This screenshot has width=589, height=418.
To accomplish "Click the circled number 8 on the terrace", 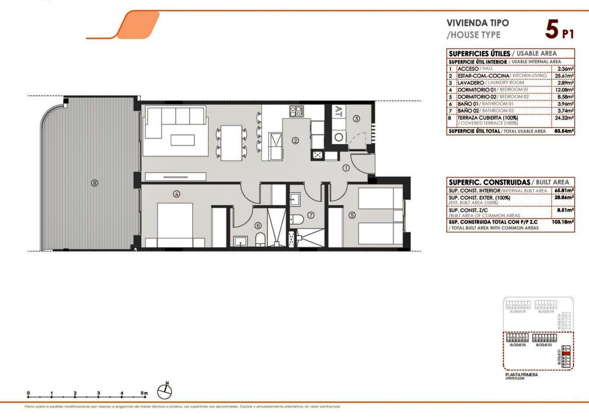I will click(94, 183).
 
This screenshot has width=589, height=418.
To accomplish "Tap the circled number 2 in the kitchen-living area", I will click(295, 140).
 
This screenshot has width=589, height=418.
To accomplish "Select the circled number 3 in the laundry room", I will click(356, 119).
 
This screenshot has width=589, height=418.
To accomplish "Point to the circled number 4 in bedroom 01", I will click(176, 194).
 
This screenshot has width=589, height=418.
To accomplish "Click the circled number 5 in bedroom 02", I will click(351, 216).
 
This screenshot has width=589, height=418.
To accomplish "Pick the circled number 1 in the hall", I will click(346, 168).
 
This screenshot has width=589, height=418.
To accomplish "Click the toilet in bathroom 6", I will click(261, 239).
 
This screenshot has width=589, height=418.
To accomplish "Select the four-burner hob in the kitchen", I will click(297, 111).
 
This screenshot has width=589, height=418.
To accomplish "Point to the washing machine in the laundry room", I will click(339, 137).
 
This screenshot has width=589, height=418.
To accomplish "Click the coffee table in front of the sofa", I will click(183, 139).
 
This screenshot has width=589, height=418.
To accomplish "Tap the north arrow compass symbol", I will click(164, 391).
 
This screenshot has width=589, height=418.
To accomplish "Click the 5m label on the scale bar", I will click(144, 393).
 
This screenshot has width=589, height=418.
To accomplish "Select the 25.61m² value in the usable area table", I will click(564, 76).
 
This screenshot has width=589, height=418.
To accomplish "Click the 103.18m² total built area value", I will click(562, 222).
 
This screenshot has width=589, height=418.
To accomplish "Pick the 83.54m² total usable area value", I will click(564, 131).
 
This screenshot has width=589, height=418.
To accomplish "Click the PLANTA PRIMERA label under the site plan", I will click(521, 375).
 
